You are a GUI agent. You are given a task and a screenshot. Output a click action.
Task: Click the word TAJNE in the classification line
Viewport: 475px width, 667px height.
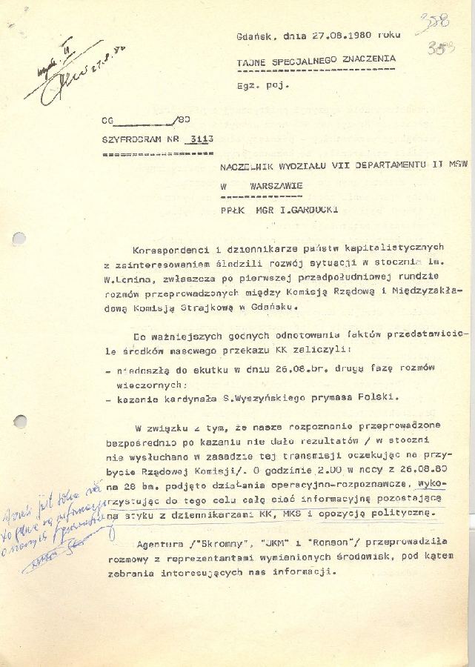pos(251,59)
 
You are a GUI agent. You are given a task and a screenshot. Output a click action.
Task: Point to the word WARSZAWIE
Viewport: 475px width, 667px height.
pos(277,187)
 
